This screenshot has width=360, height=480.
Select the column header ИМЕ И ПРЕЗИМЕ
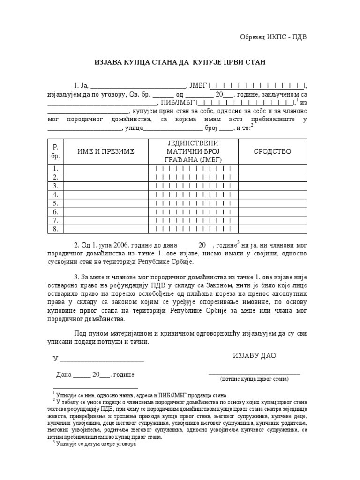pyautogui.click(x=105, y=151)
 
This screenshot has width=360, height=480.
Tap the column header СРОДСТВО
pyautogui.click(x=272, y=151)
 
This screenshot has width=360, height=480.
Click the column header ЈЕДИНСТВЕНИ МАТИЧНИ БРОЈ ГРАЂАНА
pyautogui.click(x=193, y=151)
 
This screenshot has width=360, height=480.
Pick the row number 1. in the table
pyautogui.click(x=55, y=168)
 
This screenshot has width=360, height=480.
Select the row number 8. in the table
pyautogui.click(x=55, y=229)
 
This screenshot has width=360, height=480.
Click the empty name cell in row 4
pyautogui.click(x=105, y=194)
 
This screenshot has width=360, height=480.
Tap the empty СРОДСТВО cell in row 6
pyautogui.click(x=272, y=211)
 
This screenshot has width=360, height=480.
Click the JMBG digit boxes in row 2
pyautogui.click(x=193, y=177)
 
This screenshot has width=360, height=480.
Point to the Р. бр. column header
pyautogui.click(x=55, y=151)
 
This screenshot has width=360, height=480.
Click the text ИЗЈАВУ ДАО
pyautogui.click(x=255, y=355)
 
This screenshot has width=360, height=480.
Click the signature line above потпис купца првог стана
pyautogui.click(x=255, y=373)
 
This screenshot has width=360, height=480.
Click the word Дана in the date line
pyautogui.click(x=64, y=375)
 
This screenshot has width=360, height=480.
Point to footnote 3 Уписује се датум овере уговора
pyautogui.click(x=96, y=443)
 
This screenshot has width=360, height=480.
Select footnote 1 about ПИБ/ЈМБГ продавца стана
pyautogui.click(x=141, y=395)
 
